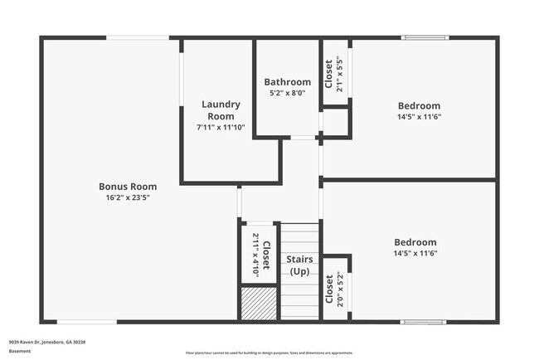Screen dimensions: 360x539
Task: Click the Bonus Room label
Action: (x=128, y=187)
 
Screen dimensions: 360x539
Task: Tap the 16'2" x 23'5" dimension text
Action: (x=128, y=197)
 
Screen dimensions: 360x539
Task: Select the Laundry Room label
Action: (x=221, y=110)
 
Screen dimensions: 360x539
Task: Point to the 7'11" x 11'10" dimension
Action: (x=221, y=127)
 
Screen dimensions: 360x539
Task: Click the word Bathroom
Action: (x=288, y=82)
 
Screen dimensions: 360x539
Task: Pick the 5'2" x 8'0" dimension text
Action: (x=288, y=93)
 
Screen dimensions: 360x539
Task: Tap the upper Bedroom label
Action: (x=419, y=106)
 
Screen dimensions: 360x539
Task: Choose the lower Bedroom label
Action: (x=415, y=242)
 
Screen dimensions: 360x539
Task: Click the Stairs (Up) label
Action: (x=300, y=265)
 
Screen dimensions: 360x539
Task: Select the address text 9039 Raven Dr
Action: (x=47, y=342)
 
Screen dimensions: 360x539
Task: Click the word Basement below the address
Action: (x=20, y=352)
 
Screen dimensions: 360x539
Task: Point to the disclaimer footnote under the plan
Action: (x=269, y=352)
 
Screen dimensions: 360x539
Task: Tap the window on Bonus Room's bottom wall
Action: (x=86, y=322)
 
